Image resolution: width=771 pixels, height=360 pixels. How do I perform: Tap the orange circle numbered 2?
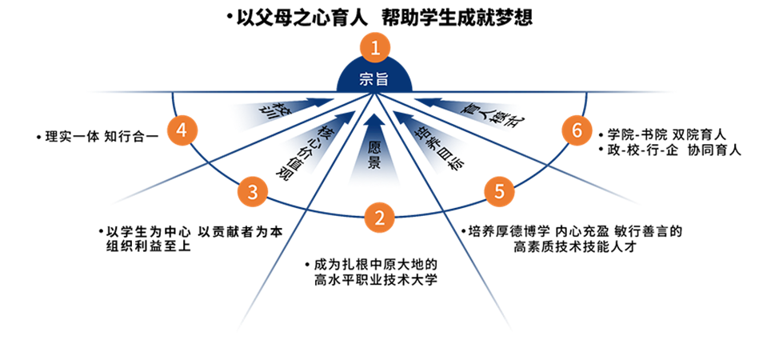point(380,216)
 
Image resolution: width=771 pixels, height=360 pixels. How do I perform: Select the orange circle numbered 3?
point(253,192)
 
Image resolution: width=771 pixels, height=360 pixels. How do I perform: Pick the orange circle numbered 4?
point(182,130)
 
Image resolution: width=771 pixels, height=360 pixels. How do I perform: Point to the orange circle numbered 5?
point(499,191)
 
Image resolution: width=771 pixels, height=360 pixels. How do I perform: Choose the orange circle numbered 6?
point(574,130)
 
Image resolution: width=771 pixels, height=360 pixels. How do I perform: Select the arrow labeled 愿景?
point(374,148)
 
